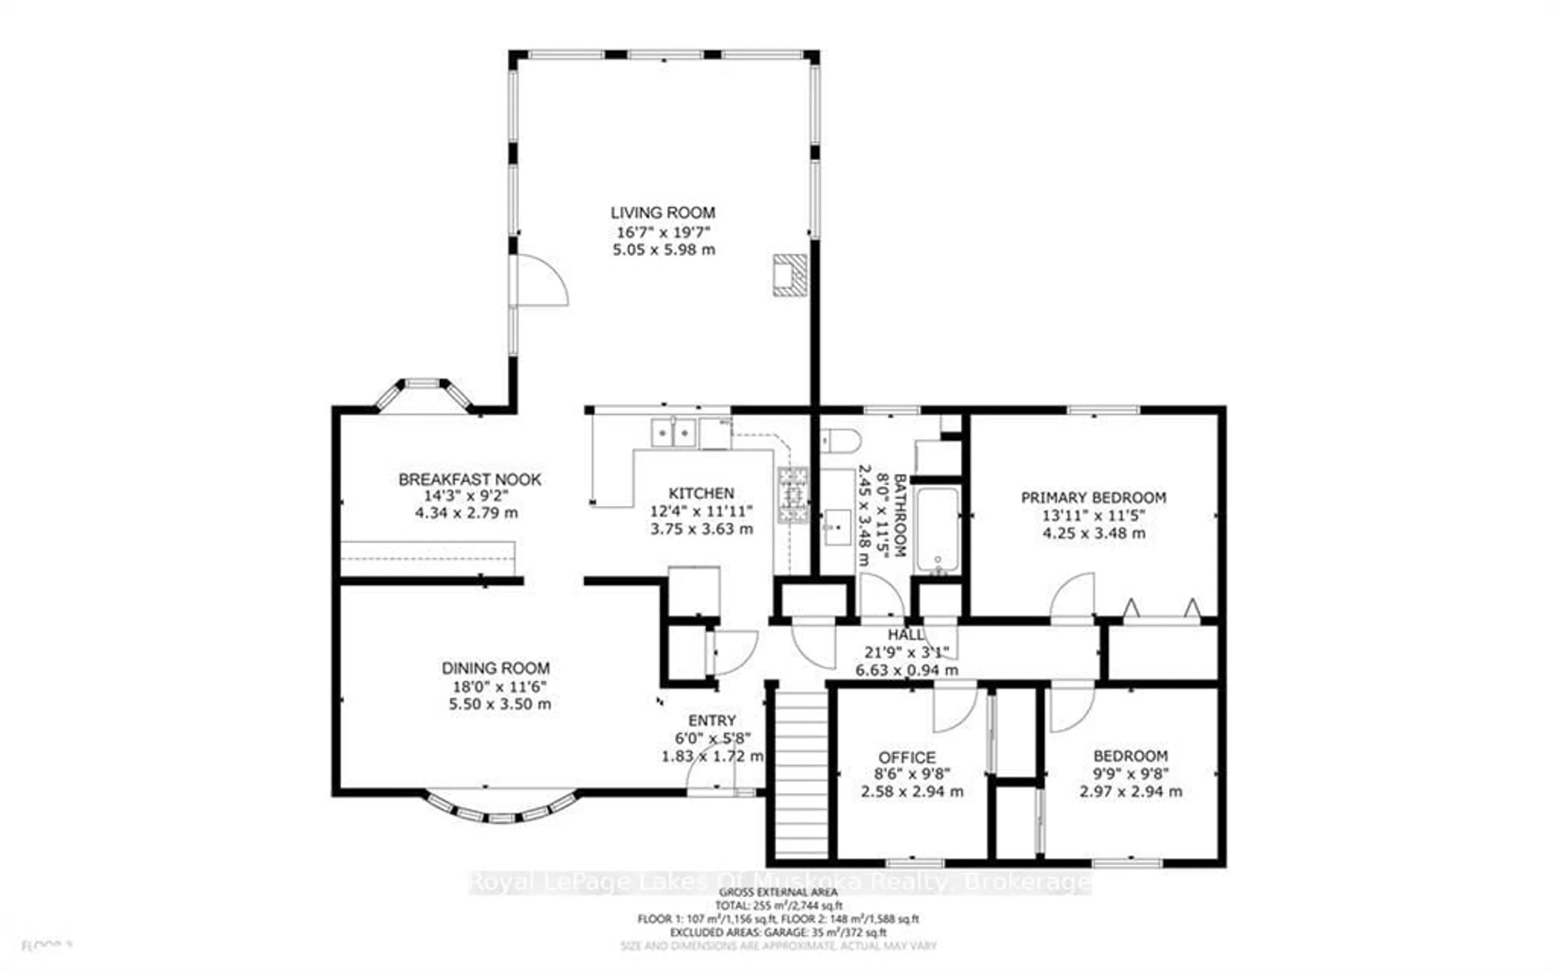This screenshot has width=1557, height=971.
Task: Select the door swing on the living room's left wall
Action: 541,280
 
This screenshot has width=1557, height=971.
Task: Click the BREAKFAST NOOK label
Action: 470,480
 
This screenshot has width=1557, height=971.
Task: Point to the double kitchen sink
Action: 673,432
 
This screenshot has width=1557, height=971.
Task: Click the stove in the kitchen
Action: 793,494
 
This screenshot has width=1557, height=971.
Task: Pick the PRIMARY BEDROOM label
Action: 1093,498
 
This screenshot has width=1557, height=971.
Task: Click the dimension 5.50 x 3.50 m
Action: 500,704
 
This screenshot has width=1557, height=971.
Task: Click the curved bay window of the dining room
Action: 501,814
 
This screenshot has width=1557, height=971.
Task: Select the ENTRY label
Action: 712,721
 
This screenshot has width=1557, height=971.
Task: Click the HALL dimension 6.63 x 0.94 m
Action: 906,670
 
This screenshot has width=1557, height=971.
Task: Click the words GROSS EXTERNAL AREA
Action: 778,892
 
